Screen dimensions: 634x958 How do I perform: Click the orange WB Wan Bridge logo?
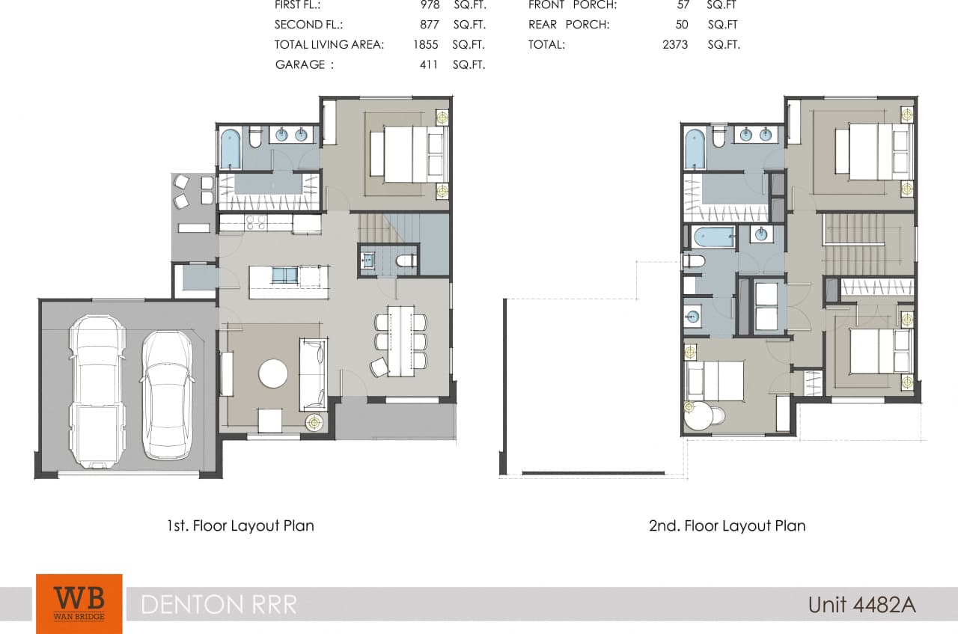point(79,603)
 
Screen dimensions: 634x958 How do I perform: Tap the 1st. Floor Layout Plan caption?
point(240,525)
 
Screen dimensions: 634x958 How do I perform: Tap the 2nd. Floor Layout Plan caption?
point(727,525)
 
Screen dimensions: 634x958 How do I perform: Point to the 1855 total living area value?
point(425,44)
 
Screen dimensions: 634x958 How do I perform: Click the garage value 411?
point(429,64)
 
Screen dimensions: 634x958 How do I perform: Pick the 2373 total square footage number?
point(676,44)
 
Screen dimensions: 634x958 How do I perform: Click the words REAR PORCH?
point(568,25)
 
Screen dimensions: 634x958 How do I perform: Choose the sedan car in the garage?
point(167,394)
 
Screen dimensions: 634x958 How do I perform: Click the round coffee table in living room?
point(273,373)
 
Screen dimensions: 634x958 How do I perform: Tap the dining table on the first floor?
point(400,341)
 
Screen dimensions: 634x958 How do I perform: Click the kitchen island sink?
point(284,275)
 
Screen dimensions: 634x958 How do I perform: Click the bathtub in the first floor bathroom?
point(231,148)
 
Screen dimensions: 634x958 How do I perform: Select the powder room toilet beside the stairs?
point(405,261)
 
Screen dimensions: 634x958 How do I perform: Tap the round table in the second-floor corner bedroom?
point(701,416)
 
